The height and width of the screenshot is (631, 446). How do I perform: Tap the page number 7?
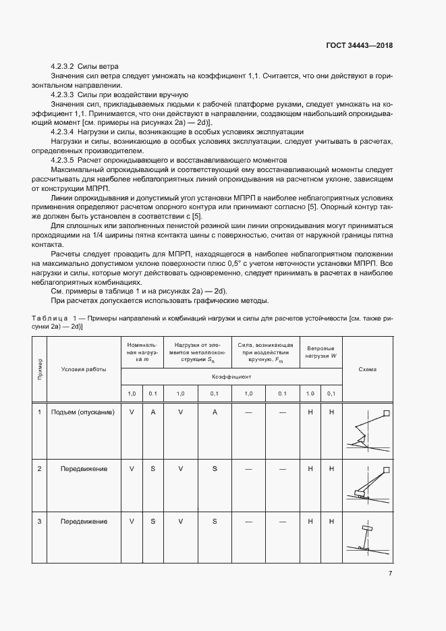tap(390, 574)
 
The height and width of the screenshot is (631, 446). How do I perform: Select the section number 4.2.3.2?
tap(64, 66)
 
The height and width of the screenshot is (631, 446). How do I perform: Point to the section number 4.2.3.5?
tap(64, 161)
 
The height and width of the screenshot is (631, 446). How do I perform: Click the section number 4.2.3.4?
tap(64, 132)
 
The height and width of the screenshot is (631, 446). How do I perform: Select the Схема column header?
tap(368, 369)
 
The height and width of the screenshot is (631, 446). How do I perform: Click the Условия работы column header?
tap(84, 369)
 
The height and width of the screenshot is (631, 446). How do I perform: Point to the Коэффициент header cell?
tap(230, 377)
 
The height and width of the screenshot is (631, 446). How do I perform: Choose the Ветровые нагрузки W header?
tap(320, 351)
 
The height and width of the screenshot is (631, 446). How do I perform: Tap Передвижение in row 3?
tap(84, 522)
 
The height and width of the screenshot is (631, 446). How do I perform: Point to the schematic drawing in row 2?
tap(368, 486)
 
